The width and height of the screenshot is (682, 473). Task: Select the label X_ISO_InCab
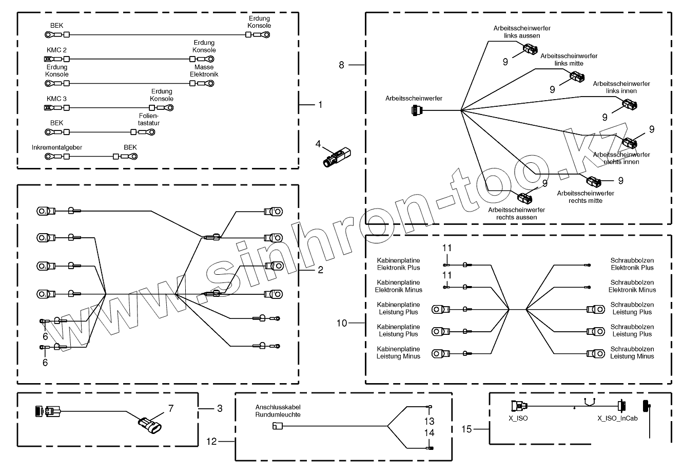click(x=617, y=419)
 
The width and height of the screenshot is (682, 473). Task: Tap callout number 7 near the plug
click(x=171, y=408)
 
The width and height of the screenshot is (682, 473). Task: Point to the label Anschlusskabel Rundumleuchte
click(x=278, y=410)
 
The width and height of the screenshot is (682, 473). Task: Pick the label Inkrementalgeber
click(x=57, y=147)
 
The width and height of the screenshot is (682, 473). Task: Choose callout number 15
click(x=466, y=428)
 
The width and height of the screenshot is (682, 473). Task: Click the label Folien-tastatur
click(x=146, y=119)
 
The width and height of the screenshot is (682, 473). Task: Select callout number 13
click(x=430, y=421)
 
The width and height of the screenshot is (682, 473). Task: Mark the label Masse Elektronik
click(x=204, y=71)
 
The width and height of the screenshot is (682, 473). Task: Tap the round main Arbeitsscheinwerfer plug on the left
click(x=416, y=110)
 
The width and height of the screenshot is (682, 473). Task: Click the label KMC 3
click(x=56, y=99)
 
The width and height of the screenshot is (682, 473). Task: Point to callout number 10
click(x=342, y=323)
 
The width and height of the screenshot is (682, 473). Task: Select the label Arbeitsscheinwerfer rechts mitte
click(x=585, y=197)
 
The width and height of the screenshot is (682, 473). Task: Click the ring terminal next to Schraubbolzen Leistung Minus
click(x=595, y=353)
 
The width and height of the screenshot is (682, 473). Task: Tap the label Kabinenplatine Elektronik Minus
click(x=398, y=286)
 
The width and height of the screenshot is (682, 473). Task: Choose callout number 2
click(x=320, y=269)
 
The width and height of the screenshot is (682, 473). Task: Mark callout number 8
click(x=342, y=65)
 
